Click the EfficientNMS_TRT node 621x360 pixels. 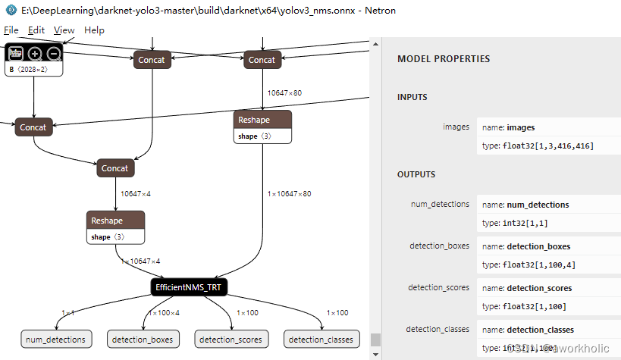pos(190,287)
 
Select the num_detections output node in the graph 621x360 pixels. pos(57,340)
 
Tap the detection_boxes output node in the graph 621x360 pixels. pos(142,340)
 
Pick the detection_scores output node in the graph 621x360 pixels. pos(231,340)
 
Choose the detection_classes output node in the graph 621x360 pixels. pos(320,340)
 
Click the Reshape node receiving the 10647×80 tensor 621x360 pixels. pos(262,121)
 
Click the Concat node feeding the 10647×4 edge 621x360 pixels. pos(115,168)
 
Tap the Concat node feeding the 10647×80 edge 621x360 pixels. pos(262,60)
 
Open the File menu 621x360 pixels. pos(11,30)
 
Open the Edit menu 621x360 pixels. pos(36,30)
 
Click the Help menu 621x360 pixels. pos(95,30)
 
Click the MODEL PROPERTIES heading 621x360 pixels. pos(444,59)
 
